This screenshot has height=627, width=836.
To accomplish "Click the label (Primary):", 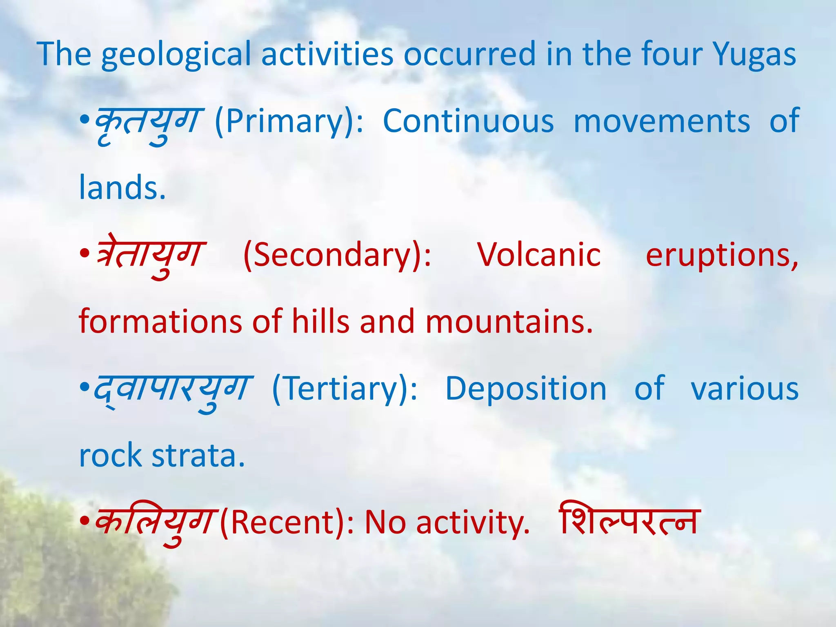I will coord(289,122).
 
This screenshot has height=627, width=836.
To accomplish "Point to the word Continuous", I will coord(468,122).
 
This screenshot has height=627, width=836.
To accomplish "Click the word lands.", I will coord(122,188).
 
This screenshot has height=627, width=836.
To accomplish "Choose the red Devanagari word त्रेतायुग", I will coord(150,255).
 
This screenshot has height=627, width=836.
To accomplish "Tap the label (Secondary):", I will coord(337,255).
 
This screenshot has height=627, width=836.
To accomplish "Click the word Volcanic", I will coord(539,255).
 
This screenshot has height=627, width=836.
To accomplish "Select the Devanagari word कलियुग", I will coord(154,522).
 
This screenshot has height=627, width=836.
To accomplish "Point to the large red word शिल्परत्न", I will coord(629,520).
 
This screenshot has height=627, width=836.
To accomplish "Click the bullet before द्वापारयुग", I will coord(84,387).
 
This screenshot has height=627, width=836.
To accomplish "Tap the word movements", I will coord(661,122).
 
